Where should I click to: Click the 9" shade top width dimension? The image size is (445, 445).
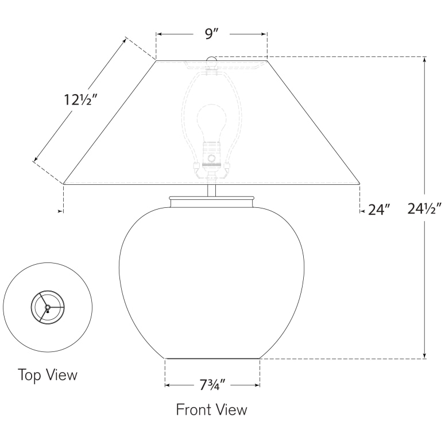(x=211, y=34)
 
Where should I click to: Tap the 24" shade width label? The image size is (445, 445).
(x=379, y=210)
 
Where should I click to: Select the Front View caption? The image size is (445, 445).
(x=211, y=410)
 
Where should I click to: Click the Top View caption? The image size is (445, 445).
(x=48, y=375)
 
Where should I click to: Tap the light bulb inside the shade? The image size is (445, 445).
(x=212, y=121)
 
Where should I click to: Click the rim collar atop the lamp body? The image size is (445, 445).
(x=211, y=200)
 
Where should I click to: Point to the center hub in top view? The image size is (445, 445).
(x=48, y=308)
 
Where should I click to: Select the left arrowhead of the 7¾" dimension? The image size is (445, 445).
(x=168, y=385)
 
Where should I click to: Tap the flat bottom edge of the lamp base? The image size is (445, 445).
(x=212, y=358)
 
